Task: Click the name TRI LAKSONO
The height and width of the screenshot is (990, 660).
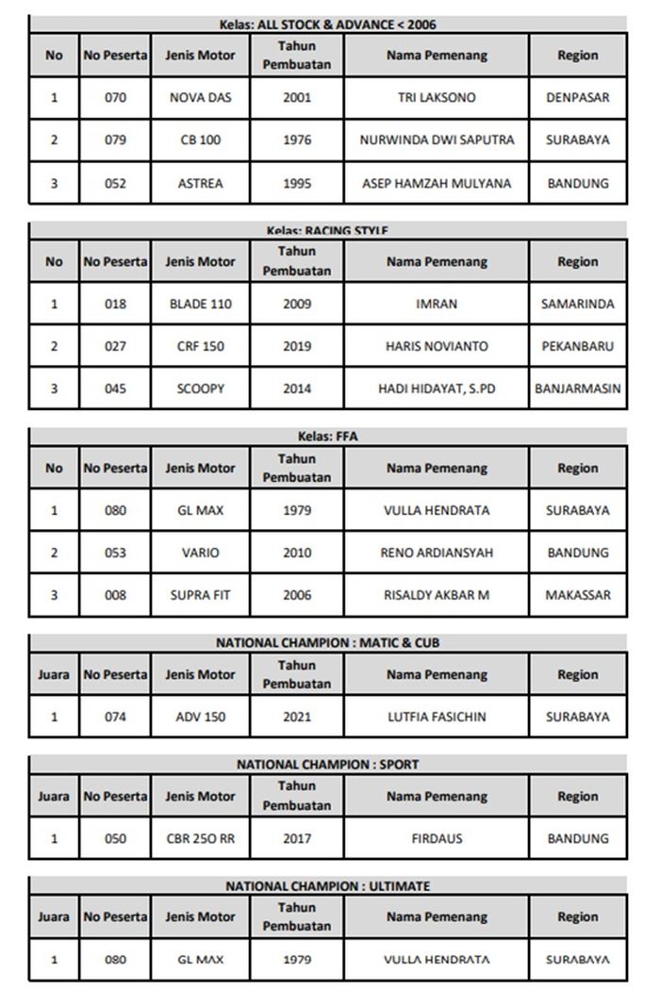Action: (x=437, y=97)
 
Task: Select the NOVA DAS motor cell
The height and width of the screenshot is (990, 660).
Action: (x=200, y=97)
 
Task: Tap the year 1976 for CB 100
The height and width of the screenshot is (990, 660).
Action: (x=297, y=140)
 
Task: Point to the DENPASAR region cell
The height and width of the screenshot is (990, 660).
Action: (x=577, y=97)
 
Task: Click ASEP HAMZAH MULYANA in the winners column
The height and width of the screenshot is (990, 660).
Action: (x=437, y=183)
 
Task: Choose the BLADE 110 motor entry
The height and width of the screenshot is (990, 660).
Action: (x=200, y=304)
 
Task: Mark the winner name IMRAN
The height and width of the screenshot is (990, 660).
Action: (x=437, y=304)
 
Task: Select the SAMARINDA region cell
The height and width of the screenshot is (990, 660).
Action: (x=577, y=304)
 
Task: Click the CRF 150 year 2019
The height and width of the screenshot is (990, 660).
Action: (x=297, y=346)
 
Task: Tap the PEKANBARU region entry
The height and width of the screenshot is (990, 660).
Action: (x=577, y=346)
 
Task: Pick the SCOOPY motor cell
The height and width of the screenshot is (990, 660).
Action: (x=200, y=388)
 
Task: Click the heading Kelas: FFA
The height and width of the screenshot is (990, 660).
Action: (x=327, y=437)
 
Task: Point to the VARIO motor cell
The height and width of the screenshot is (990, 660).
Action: (x=200, y=553)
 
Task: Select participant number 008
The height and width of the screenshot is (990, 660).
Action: (x=115, y=595)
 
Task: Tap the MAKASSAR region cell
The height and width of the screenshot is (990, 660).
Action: (x=577, y=595)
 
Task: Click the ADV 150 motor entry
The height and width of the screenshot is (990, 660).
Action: (x=200, y=717)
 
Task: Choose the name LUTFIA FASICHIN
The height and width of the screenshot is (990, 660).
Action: (x=437, y=717)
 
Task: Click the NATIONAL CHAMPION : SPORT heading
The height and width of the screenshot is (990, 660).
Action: (x=327, y=765)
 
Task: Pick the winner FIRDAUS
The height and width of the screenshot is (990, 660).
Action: (x=437, y=838)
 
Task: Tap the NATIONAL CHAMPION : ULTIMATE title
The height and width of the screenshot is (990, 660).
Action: (x=327, y=886)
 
